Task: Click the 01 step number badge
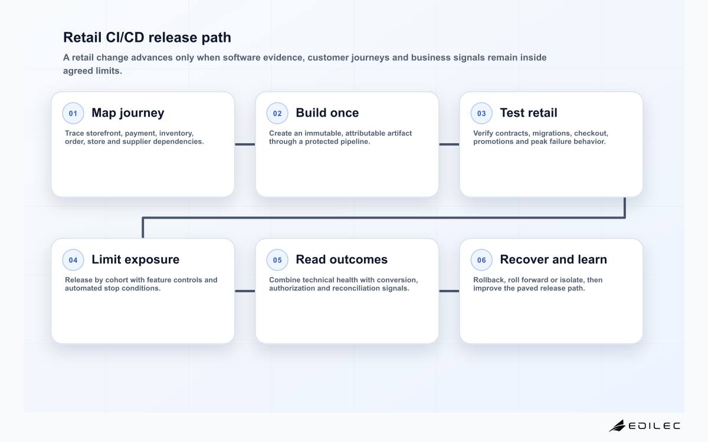(x=73, y=113)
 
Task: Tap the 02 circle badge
(x=277, y=113)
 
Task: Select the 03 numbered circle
(x=481, y=113)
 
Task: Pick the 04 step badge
(x=73, y=260)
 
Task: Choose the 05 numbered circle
(x=277, y=260)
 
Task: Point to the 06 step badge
(x=481, y=260)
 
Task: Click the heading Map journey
(x=127, y=113)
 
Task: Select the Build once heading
(x=327, y=113)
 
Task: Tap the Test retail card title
(x=529, y=113)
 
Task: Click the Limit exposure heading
(x=135, y=259)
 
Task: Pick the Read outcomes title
(x=342, y=259)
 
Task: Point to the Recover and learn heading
(x=553, y=259)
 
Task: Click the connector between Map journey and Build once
(x=245, y=144)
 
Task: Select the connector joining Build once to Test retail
(x=449, y=144)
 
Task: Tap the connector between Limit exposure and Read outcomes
(x=245, y=291)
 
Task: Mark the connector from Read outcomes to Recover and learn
(x=449, y=291)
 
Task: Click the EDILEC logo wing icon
(x=617, y=426)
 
